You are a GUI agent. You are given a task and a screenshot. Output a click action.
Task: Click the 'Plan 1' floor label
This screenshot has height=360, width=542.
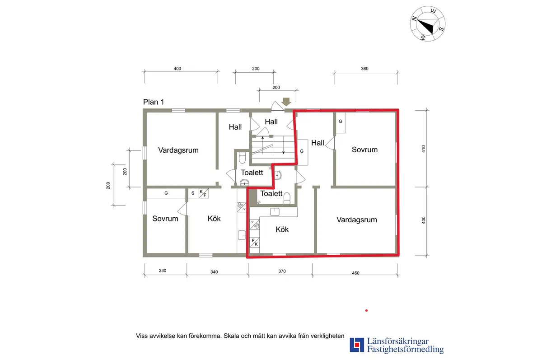pos(154,102)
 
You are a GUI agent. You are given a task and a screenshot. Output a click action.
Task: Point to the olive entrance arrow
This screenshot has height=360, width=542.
pos(286,101)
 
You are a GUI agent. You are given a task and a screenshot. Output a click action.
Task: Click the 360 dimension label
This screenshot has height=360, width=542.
pos(365,69)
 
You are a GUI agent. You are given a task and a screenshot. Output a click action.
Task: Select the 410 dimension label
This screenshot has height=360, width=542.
pos(424,149)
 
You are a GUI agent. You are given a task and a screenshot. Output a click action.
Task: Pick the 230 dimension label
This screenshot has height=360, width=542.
pos(163,271)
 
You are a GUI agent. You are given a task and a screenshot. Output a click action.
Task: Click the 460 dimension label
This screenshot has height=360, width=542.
pos(355,272)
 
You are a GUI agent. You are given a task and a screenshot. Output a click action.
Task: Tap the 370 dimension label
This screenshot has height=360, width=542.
pos(282,271)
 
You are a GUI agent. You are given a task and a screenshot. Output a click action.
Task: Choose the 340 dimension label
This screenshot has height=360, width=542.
pos(214,272)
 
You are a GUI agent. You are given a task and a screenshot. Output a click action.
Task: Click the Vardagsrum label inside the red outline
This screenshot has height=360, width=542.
pos(356,220)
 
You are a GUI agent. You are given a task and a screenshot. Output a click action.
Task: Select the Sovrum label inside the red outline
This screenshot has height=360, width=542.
pos(364,150)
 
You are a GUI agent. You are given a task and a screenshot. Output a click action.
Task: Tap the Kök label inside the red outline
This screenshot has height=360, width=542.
pos(282,229)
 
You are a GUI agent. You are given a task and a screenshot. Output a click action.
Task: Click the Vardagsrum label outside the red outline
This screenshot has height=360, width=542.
pos(178,150)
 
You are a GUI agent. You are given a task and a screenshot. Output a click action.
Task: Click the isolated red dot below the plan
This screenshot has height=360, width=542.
pos(366,310)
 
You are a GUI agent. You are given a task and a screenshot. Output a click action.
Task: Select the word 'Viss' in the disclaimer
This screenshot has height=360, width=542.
pos(142,336)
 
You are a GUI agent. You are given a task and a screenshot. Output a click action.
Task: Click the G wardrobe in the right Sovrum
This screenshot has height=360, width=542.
pos(341,122)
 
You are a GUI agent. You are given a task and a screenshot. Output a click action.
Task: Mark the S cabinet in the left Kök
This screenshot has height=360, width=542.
pos(193,193)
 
